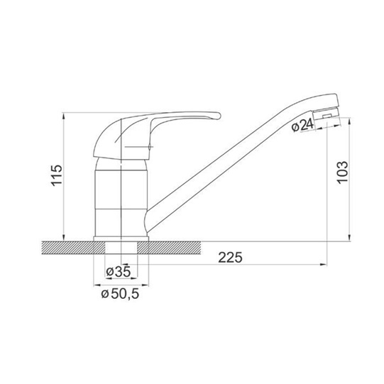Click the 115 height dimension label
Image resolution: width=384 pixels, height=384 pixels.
coord(57,175)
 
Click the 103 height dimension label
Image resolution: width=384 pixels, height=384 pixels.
coord(342,172)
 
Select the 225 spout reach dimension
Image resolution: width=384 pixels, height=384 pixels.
coord(230,257)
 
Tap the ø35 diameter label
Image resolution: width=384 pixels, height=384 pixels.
coord(118,272)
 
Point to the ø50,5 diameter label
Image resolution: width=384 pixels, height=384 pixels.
coord(120,293)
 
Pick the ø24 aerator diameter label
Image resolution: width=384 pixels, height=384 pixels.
coord(302,126)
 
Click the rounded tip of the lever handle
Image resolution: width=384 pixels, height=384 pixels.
coord(219,116)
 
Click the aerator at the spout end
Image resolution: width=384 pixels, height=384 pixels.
coord(327,114)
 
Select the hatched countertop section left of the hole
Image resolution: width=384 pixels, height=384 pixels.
coord(73,248)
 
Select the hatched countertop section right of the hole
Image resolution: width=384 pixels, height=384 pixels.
coord(169,248)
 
